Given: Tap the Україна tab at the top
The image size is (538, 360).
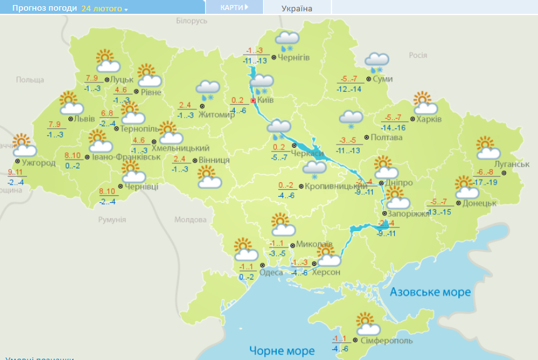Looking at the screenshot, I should [297, 8].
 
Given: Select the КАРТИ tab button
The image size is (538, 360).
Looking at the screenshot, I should [234, 7].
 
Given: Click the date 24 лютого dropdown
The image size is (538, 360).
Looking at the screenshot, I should [104, 9].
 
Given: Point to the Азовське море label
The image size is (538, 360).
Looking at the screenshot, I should [430, 292].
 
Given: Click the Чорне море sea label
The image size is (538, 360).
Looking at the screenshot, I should [282, 350].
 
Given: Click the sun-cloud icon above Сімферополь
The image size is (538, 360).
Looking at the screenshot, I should [368, 324].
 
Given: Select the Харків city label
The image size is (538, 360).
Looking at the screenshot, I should [429, 119].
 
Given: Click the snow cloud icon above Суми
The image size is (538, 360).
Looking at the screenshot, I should [378, 61].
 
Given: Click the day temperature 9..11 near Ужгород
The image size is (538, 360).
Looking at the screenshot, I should [16, 172].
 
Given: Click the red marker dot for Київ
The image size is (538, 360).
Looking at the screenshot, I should [253, 100].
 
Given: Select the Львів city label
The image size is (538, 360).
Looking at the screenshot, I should [84, 118].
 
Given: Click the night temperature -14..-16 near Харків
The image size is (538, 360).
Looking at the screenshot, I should [393, 128].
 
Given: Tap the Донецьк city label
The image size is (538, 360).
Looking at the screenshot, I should [480, 203].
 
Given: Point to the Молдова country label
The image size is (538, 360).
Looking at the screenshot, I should [190, 220].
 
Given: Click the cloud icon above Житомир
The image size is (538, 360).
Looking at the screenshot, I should [207, 90].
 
